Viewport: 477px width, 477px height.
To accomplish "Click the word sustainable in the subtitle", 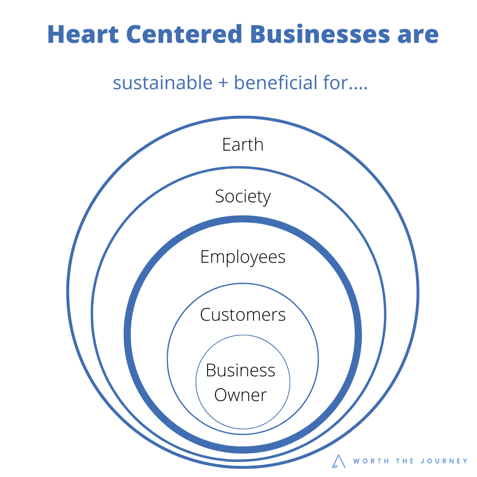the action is [x=163, y=83].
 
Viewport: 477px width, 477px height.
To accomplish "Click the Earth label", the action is [x=243, y=145].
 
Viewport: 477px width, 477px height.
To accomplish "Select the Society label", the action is [x=243, y=197].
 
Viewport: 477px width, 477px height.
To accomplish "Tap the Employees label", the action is [x=243, y=257].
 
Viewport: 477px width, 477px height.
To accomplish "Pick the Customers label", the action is [x=243, y=314].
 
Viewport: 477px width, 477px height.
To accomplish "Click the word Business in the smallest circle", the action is [x=241, y=370].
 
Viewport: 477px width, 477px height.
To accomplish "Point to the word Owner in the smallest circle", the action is [x=241, y=395].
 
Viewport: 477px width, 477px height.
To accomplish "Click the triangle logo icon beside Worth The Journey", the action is [x=339, y=461].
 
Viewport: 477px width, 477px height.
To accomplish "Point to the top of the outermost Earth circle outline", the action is [x=243, y=117].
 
